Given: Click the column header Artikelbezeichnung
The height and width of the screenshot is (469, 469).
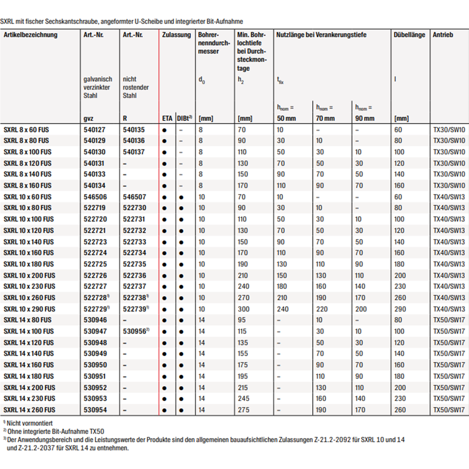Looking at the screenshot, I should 31,35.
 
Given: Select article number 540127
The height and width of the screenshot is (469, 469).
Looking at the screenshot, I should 94,130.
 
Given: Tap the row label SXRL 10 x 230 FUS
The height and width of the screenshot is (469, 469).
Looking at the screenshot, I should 29,286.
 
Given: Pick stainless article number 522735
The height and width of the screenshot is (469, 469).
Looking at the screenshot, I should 134,264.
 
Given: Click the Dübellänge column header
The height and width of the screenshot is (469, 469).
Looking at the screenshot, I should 409,35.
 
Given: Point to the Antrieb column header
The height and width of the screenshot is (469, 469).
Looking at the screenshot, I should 443,35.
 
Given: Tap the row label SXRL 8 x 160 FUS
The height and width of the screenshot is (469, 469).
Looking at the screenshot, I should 28,186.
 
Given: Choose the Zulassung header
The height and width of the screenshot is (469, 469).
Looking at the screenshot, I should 176,35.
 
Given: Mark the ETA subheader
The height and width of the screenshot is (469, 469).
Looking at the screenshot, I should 167,119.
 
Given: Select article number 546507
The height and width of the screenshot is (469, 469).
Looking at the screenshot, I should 134,197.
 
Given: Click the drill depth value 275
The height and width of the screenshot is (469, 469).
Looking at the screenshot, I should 243,410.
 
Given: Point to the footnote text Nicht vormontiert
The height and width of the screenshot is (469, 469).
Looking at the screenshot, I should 30,423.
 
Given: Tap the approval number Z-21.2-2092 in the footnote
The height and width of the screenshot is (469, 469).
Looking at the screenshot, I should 332,440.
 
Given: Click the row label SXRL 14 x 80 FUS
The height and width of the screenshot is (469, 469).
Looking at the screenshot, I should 28,320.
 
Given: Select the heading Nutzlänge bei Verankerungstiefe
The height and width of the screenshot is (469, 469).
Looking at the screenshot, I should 321,35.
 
